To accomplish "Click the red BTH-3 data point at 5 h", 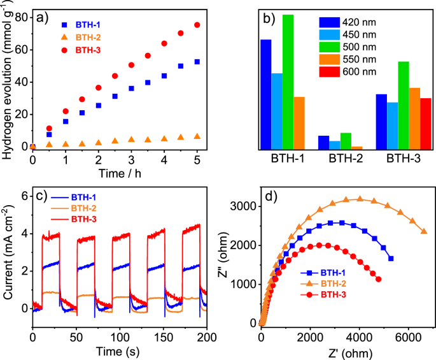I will pos(197,25).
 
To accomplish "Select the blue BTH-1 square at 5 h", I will pos(197,62).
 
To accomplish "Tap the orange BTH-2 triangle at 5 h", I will pos(197,136).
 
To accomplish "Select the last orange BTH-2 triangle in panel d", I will pos(424,232).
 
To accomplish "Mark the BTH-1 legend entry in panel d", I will pos(332,273).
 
